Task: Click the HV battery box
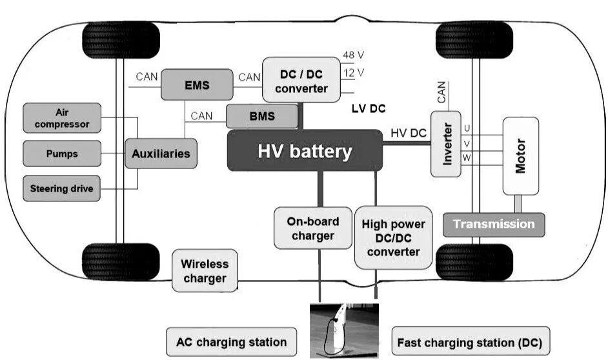click(305, 150)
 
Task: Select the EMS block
click(197, 85)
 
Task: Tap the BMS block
click(261, 117)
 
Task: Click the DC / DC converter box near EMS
click(301, 79)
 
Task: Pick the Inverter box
click(445, 144)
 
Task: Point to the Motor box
click(520, 155)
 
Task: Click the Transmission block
click(494, 225)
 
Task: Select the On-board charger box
click(312, 227)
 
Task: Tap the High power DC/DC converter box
click(393, 237)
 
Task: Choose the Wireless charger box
click(205, 271)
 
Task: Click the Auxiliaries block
click(161, 154)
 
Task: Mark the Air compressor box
click(62, 117)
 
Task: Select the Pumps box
click(62, 154)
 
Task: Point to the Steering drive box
click(62, 188)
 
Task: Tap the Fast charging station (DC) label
click(469, 342)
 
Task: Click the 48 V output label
click(353, 55)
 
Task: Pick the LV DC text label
click(369, 108)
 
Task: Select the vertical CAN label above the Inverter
click(441, 92)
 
